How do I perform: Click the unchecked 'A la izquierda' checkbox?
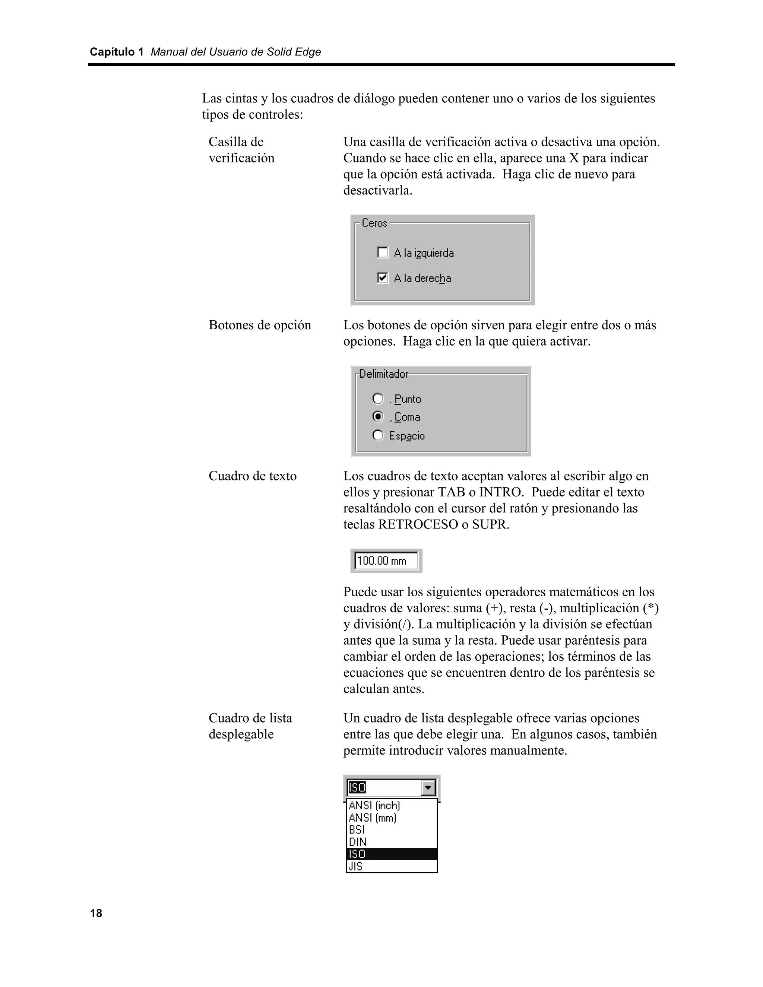click(382, 253)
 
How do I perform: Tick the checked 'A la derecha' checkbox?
click(382, 277)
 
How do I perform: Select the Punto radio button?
click(378, 399)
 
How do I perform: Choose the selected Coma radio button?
click(378, 416)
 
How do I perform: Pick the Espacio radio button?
click(378, 435)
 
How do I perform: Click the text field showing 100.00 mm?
click(386, 561)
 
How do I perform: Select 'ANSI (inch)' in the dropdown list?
click(374, 805)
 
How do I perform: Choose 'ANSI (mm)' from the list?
click(373, 818)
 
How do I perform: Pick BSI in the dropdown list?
click(357, 830)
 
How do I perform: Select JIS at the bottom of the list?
click(356, 866)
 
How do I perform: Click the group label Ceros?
click(374, 223)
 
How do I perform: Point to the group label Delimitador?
click(383, 374)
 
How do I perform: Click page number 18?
click(96, 913)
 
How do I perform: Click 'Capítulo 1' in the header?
click(116, 52)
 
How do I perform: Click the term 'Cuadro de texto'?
click(252, 476)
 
